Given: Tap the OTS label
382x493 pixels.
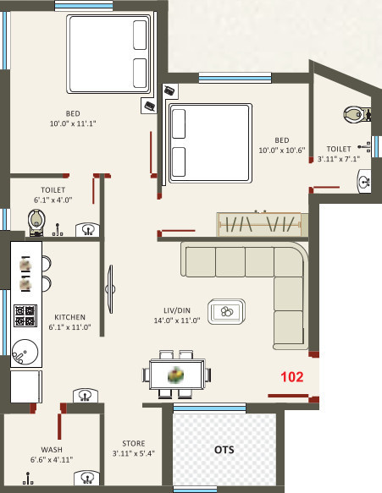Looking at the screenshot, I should (x=224, y=449).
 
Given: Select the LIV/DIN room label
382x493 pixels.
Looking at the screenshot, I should (x=176, y=309).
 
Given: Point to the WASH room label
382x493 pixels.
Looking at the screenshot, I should (x=52, y=449).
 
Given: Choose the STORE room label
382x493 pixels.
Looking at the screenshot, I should (x=133, y=443).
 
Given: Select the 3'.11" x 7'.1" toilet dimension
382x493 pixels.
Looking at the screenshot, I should (x=344, y=158).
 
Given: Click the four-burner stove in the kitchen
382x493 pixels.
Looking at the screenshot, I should (x=25, y=315).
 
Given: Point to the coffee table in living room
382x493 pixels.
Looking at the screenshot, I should (x=227, y=311).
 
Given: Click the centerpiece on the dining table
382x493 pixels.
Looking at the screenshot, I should (x=176, y=373).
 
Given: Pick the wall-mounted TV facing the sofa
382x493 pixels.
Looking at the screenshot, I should (x=109, y=290).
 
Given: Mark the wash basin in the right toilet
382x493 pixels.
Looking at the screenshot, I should (x=364, y=179).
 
